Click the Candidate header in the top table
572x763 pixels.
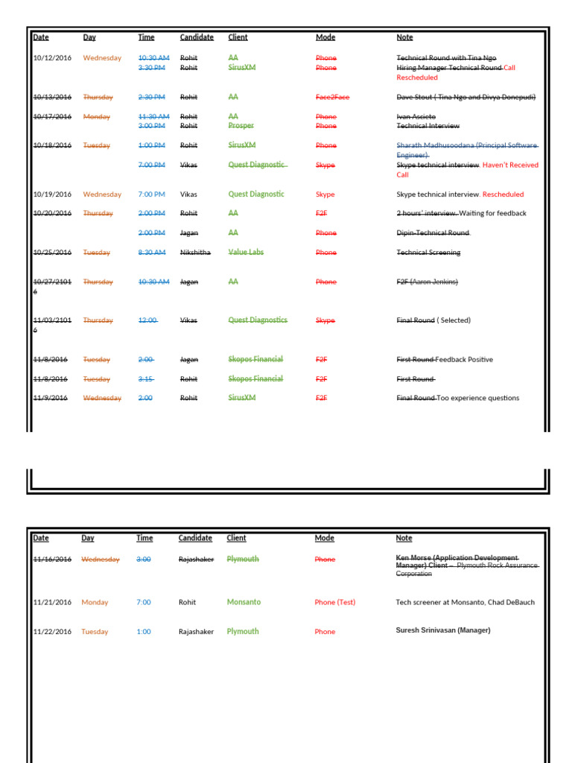(x=197, y=37)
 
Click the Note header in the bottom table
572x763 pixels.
(x=404, y=538)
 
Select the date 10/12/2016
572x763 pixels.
(x=52, y=58)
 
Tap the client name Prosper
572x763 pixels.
(x=241, y=126)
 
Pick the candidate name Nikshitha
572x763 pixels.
(x=195, y=253)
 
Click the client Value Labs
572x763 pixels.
(x=246, y=253)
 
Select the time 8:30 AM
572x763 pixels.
(x=152, y=253)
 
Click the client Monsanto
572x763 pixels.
(x=244, y=602)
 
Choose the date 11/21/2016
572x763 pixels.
(x=52, y=603)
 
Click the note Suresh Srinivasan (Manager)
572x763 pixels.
(x=443, y=630)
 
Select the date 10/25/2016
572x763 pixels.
(x=52, y=253)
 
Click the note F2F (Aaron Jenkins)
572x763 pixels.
(x=427, y=282)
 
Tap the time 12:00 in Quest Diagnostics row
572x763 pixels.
(x=147, y=320)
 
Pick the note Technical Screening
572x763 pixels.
(x=428, y=253)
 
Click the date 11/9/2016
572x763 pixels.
(x=50, y=398)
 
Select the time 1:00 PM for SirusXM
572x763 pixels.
(x=152, y=145)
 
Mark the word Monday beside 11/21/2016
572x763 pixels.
(x=95, y=603)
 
